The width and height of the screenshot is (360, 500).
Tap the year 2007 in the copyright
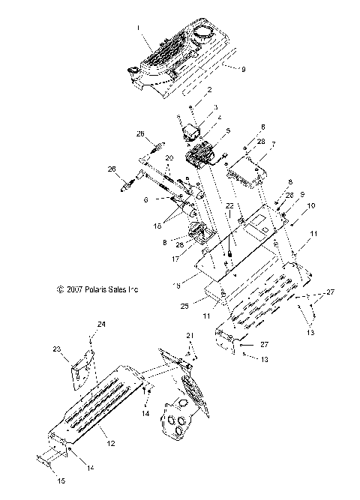[x=76, y=289]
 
